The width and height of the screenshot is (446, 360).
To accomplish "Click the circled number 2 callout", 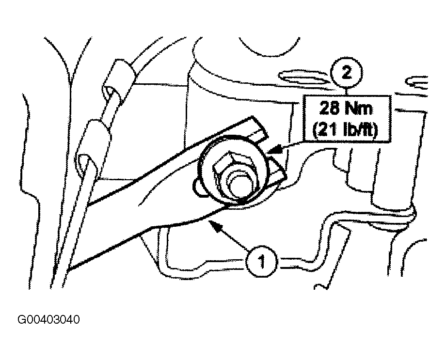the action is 346,75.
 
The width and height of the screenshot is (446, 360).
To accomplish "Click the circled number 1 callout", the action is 261,262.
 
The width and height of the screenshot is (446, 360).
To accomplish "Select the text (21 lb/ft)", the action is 345,130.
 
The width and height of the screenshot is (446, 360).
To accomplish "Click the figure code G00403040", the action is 48,320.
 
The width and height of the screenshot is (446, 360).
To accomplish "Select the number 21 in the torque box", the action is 327,130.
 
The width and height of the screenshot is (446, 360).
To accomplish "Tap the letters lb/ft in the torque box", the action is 359,130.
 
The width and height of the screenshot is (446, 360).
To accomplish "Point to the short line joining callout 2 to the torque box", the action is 347,93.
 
